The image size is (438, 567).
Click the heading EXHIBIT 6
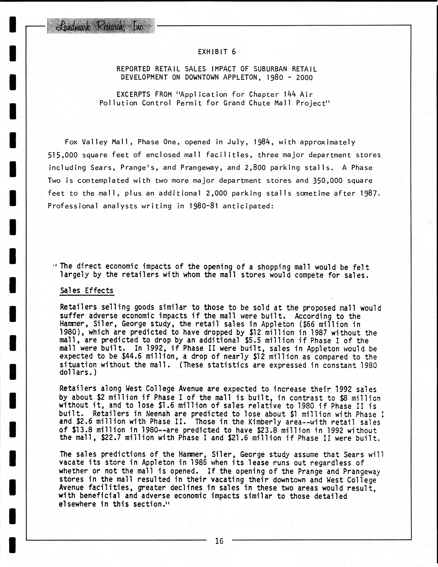(217, 52)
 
